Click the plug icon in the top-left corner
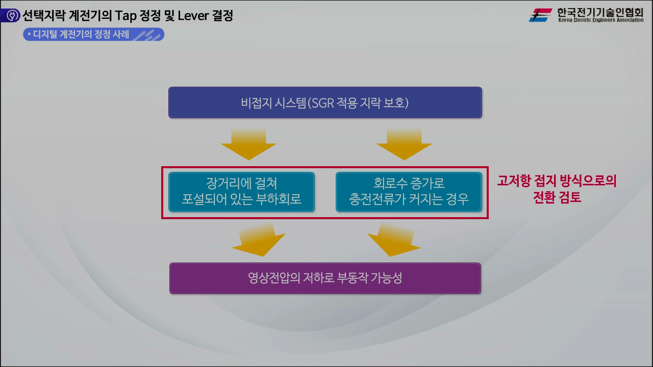(x=11, y=16)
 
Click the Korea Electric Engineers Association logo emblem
(x=540, y=15)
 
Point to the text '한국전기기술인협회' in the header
(x=600, y=12)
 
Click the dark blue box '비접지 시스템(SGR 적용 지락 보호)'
(x=325, y=102)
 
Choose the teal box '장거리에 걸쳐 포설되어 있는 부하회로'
(x=241, y=192)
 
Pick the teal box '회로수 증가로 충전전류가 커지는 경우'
(x=409, y=192)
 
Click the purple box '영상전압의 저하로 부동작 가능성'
(x=325, y=278)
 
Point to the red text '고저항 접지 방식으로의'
(x=557, y=181)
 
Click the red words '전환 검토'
(x=557, y=197)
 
